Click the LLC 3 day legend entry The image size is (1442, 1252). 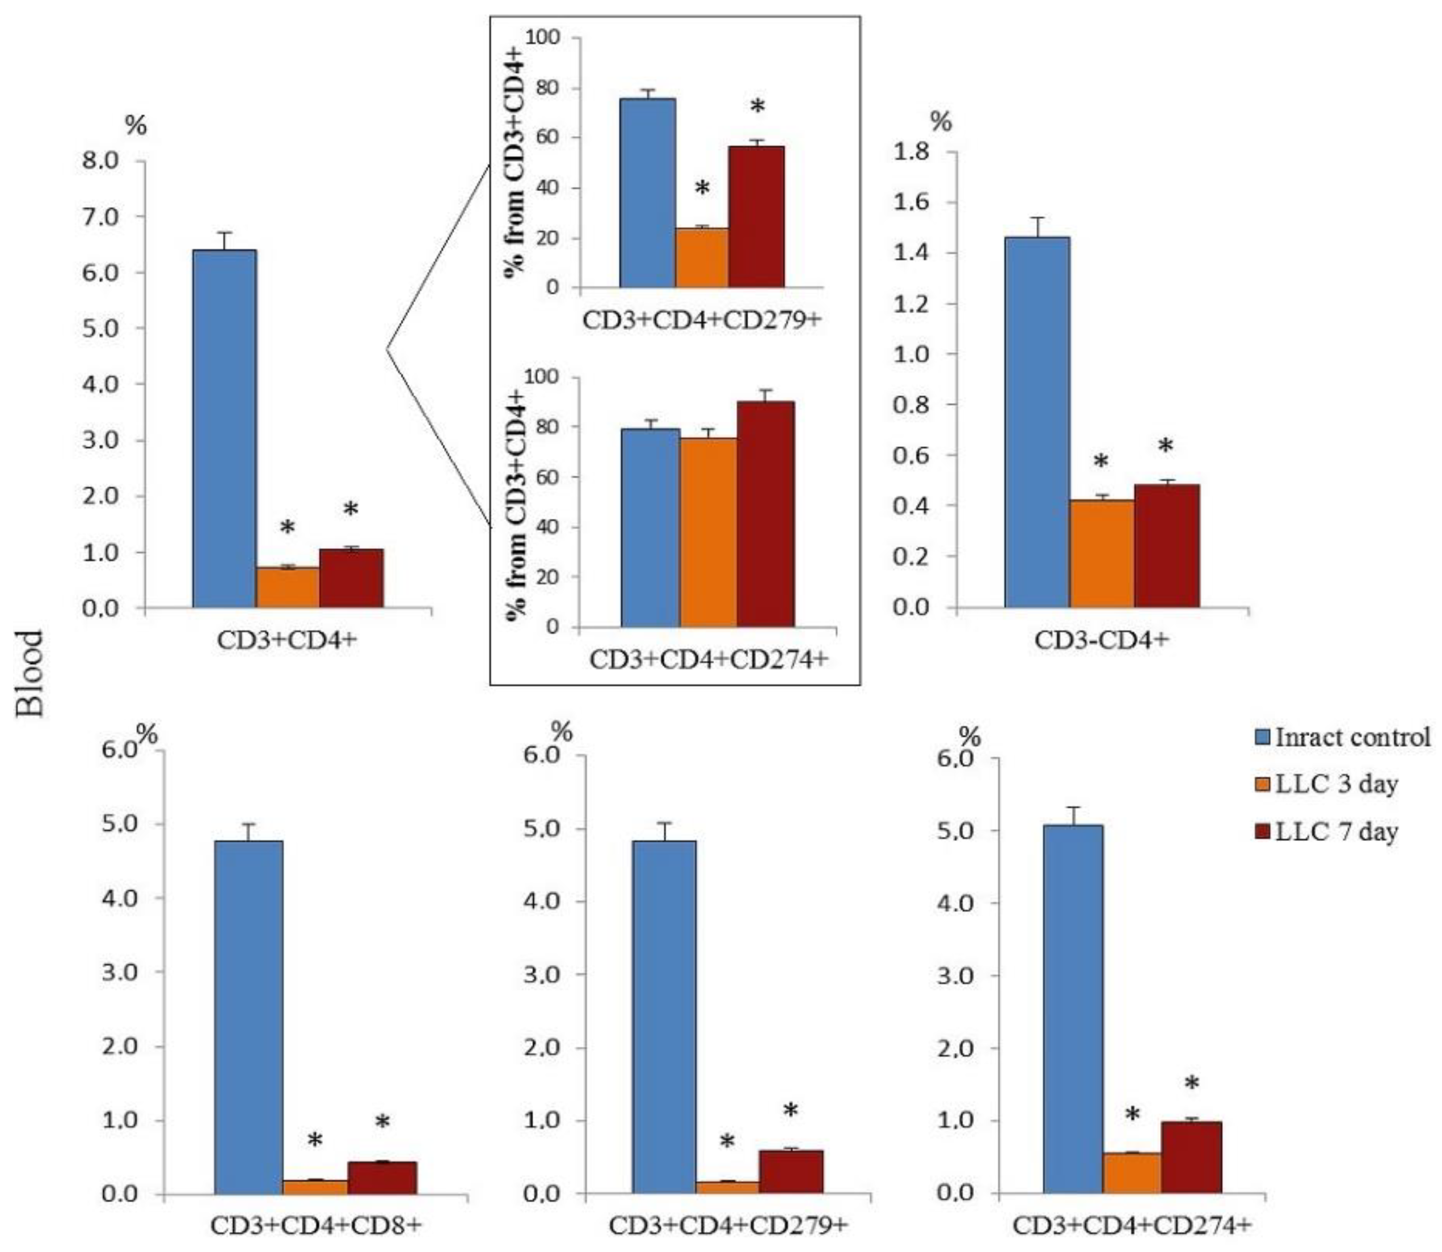pyautogui.click(x=1335, y=784)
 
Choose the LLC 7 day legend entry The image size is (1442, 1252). pyautogui.click(x=1335, y=831)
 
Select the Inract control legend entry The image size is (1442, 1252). pyautogui.click(x=1352, y=737)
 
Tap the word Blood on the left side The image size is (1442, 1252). pyautogui.click(x=30, y=674)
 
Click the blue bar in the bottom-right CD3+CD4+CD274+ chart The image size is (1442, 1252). pyautogui.click(x=1072, y=1008)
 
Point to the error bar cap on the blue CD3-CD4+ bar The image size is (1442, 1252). pyautogui.click(x=1038, y=217)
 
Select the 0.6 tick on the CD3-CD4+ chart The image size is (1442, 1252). pyautogui.click(x=913, y=455)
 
